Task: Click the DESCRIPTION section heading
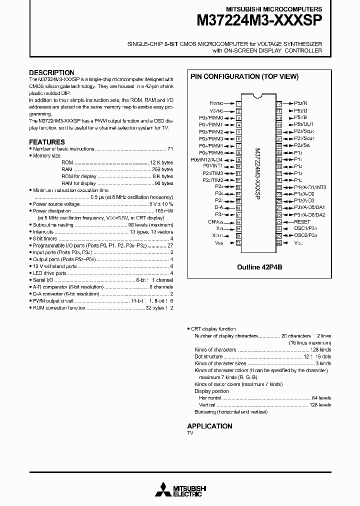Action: pyautogui.click(x=51, y=72)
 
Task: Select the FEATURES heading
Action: pyautogui.click(x=47, y=142)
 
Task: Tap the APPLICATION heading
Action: pyautogui.click(x=209, y=426)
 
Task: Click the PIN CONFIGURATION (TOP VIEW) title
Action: pyautogui.click(x=244, y=76)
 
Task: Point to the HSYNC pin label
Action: pyautogui.click(x=216, y=103)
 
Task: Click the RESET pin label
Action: pyautogui.click(x=302, y=221)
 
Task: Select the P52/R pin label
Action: pyautogui.click(x=300, y=103)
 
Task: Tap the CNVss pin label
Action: pyautogui.click(x=215, y=221)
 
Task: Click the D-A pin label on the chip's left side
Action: pyautogui.click(x=219, y=207)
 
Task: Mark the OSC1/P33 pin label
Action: pyautogui.click(x=305, y=228)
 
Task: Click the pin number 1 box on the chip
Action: pyautogui.click(x=239, y=103)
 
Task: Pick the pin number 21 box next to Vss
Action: pyautogui.click(x=239, y=242)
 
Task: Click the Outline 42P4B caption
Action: pyautogui.click(x=259, y=267)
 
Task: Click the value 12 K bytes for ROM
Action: pyautogui.click(x=161, y=162)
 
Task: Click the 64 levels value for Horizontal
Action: pyautogui.click(x=320, y=398)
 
